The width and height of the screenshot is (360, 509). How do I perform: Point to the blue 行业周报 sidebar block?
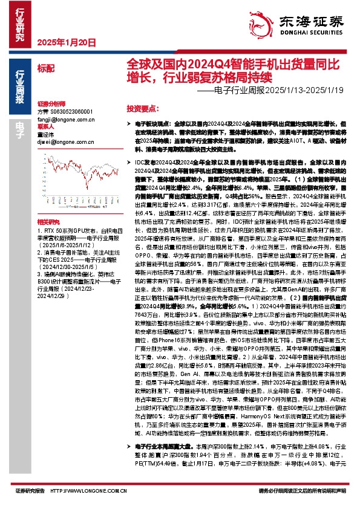click(x=20, y=87)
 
